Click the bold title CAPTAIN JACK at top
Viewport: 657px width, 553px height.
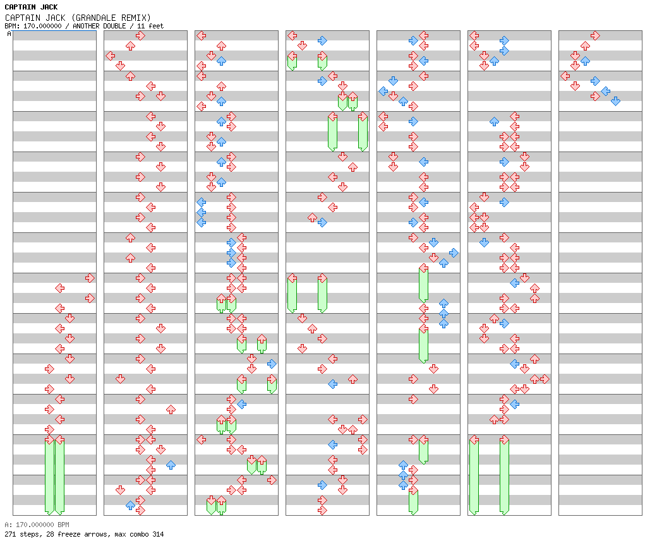[x=31, y=7]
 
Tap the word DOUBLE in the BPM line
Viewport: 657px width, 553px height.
[x=115, y=26]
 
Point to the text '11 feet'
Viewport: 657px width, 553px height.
[x=150, y=26]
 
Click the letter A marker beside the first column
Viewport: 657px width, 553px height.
[x=9, y=33]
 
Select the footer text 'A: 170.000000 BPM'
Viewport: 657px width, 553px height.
[x=37, y=525]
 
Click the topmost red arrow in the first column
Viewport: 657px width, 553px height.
[x=90, y=278]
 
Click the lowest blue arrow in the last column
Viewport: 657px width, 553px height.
[x=615, y=101]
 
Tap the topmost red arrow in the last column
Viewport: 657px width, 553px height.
[x=595, y=35]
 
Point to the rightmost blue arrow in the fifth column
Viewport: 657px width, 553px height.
[x=454, y=253]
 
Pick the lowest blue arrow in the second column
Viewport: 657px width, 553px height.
[x=130, y=505]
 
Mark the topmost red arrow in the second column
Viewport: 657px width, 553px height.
[x=140, y=35]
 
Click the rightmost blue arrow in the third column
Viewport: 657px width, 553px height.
[x=272, y=364]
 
